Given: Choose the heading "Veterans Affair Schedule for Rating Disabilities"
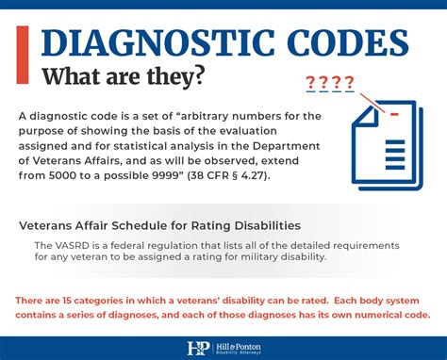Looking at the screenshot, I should pos(159,226).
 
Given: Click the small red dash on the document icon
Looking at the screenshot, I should pos(394,115).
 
